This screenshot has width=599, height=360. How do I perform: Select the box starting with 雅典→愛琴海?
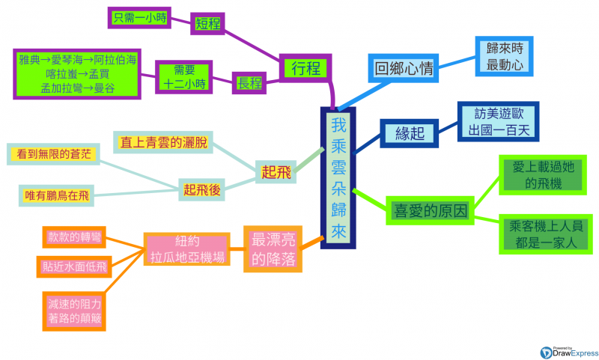[79, 73]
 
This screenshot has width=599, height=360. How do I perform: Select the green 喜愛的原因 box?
[430, 210]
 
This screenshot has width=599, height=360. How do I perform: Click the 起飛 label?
[274, 172]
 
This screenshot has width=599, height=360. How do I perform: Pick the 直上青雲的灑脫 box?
[163, 141]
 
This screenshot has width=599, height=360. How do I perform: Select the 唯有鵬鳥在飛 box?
[57, 196]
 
